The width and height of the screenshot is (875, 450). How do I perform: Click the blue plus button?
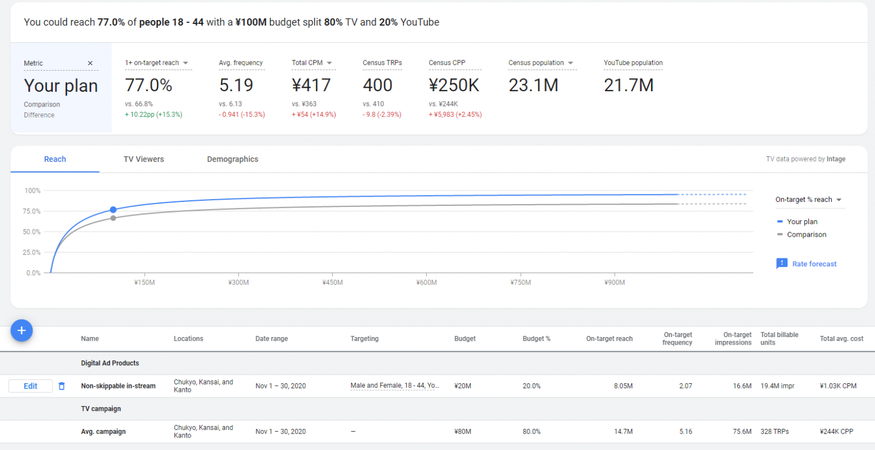pyautogui.click(x=22, y=330)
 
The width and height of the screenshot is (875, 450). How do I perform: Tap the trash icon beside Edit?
pyautogui.click(x=62, y=386)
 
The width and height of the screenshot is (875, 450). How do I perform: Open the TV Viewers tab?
pyautogui.click(x=144, y=159)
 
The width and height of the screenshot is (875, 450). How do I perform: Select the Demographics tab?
pyautogui.click(x=232, y=159)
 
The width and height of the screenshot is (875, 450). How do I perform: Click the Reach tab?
pyautogui.click(x=55, y=159)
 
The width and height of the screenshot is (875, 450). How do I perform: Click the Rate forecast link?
pyautogui.click(x=813, y=264)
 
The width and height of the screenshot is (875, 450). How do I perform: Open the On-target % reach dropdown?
pyautogui.click(x=808, y=200)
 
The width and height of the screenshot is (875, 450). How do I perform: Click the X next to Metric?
pyautogui.click(x=90, y=63)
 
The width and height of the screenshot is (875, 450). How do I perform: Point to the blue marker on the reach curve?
pyautogui.click(x=113, y=210)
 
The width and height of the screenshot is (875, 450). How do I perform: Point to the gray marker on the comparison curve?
pyautogui.click(x=113, y=218)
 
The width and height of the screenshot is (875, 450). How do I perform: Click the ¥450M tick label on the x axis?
pyautogui.click(x=332, y=282)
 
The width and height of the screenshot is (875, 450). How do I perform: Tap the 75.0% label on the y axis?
pyautogui.click(x=31, y=211)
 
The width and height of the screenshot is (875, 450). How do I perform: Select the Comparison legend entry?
pyautogui.click(x=806, y=234)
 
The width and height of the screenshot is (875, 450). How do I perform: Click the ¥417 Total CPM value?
pyautogui.click(x=311, y=86)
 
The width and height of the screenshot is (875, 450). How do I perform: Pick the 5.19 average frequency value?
pyautogui.click(x=236, y=86)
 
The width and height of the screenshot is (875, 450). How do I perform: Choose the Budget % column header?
pyautogui.click(x=536, y=339)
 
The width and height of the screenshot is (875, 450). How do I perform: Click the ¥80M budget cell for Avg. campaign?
pyautogui.click(x=463, y=432)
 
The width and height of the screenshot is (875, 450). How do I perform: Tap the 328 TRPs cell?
pyautogui.click(x=774, y=432)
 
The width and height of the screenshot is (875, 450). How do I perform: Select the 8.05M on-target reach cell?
pyautogui.click(x=623, y=386)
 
